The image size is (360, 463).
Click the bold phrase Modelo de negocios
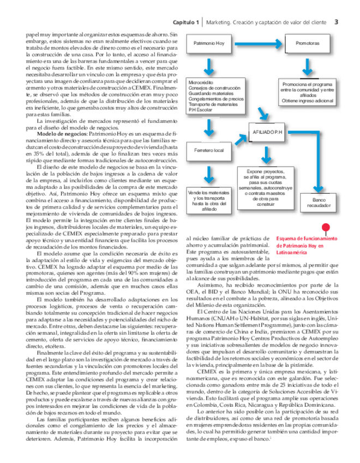(60, 133)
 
